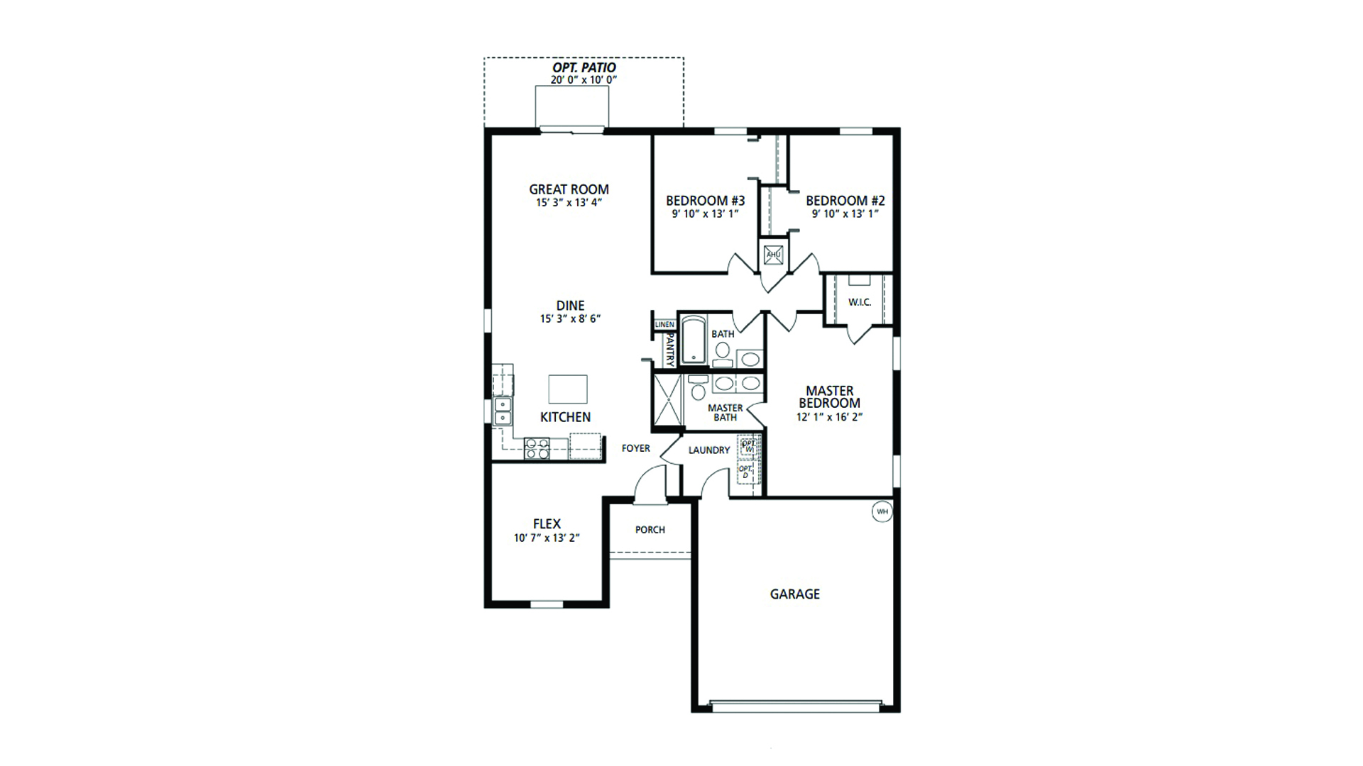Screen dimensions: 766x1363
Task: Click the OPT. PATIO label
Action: pyautogui.click(x=584, y=68)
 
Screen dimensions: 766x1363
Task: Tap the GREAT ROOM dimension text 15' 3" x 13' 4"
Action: pyautogui.click(x=569, y=203)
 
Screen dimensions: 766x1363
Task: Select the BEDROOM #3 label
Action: pyautogui.click(x=705, y=201)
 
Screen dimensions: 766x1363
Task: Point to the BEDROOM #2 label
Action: pyautogui.click(x=845, y=201)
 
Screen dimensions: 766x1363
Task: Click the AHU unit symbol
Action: pyautogui.click(x=773, y=255)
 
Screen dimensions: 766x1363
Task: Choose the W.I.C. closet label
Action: pyautogui.click(x=859, y=303)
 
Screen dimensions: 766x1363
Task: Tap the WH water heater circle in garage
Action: pyautogui.click(x=882, y=511)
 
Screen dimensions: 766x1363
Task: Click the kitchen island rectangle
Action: pyautogui.click(x=568, y=389)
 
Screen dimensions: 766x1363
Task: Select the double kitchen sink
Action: pyautogui.click(x=503, y=411)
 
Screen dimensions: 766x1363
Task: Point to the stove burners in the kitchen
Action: pyautogui.click(x=537, y=449)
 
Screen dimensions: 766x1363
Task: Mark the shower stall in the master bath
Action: pyautogui.click(x=667, y=401)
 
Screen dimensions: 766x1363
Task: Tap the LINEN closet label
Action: pyautogui.click(x=664, y=325)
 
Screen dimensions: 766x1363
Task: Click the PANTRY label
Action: pyautogui.click(x=669, y=350)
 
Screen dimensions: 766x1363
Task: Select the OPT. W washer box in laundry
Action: pyautogui.click(x=748, y=446)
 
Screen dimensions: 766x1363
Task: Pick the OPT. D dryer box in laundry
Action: pyautogui.click(x=745, y=472)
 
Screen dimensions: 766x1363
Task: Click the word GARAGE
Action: pyautogui.click(x=794, y=594)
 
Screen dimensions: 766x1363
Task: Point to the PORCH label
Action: pyautogui.click(x=650, y=530)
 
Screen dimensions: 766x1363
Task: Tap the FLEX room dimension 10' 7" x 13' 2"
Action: pyautogui.click(x=547, y=538)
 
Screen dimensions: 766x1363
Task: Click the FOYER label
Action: pyautogui.click(x=635, y=448)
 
